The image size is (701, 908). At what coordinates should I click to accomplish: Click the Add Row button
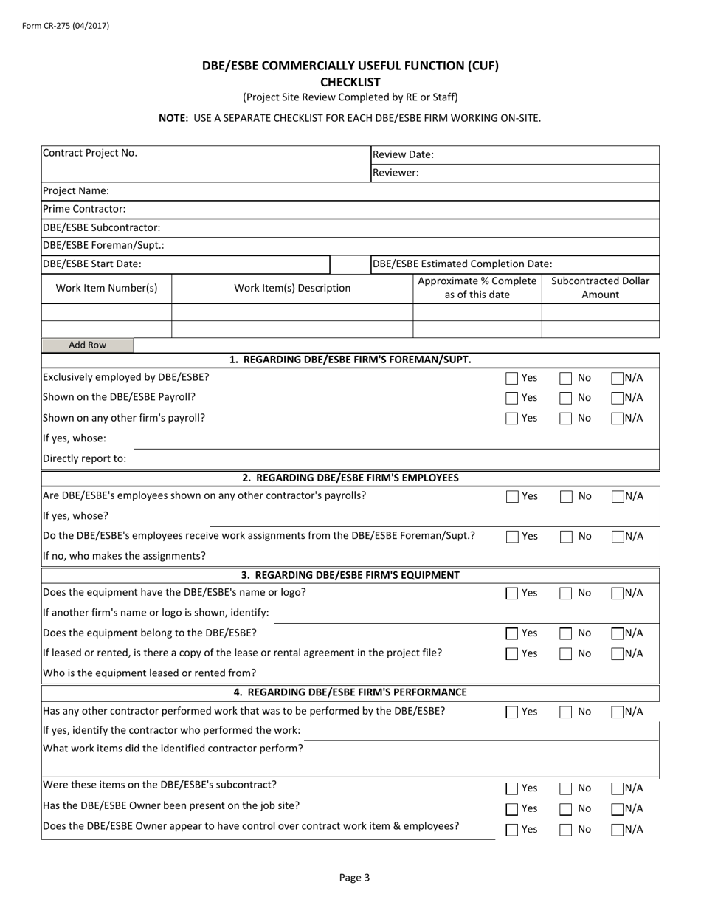pyautogui.click(x=88, y=345)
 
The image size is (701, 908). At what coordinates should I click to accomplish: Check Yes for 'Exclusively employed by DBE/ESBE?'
pyautogui.click(x=512, y=379)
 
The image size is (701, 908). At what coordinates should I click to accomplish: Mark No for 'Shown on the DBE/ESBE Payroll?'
pyautogui.click(x=566, y=399)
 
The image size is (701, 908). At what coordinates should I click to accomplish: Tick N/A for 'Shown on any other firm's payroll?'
pyautogui.click(x=618, y=419)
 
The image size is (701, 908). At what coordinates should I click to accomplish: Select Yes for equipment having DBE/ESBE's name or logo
pyautogui.click(x=512, y=594)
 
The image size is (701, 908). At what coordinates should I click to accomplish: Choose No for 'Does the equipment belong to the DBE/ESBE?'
pyautogui.click(x=566, y=633)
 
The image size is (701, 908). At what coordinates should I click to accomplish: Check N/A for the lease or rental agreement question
pyautogui.click(x=618, y=653)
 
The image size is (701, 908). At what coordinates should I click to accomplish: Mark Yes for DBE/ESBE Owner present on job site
pyautogui.click(x=512, y=809)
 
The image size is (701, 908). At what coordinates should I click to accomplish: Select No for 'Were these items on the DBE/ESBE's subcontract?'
pyautogui.click(x=566, y=789)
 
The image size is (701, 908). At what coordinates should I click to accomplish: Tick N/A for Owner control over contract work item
pyautogui.click(x=618, y=830)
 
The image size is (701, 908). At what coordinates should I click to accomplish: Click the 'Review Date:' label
pyautogui.click(x=403, y=155)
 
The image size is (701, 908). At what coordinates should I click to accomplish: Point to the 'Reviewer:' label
pyautogui.click(x=396, y=173)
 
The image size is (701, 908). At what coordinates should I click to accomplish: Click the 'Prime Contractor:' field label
pyautogui.click(x=84, y=209)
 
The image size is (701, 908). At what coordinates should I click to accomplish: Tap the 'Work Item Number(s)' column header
pyautogui.click(x=107, y=288)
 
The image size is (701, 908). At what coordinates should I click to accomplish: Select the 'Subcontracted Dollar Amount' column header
pyautogui.click(x=601, y=288)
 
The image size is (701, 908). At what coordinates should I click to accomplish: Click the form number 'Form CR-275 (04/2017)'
pyautogui.click(x=66, y=26)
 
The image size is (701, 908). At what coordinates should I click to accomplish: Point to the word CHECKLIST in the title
pyautogui.click(x=350, y=82)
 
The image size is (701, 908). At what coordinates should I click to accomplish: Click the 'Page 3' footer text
pyautogui.click(x=354, y=878)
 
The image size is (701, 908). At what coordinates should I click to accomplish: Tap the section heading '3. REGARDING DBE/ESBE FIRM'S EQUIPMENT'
pyautogui.click(x=350, y=575)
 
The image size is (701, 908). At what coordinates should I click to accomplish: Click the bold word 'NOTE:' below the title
pyautogui.click(x=174, y=118)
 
